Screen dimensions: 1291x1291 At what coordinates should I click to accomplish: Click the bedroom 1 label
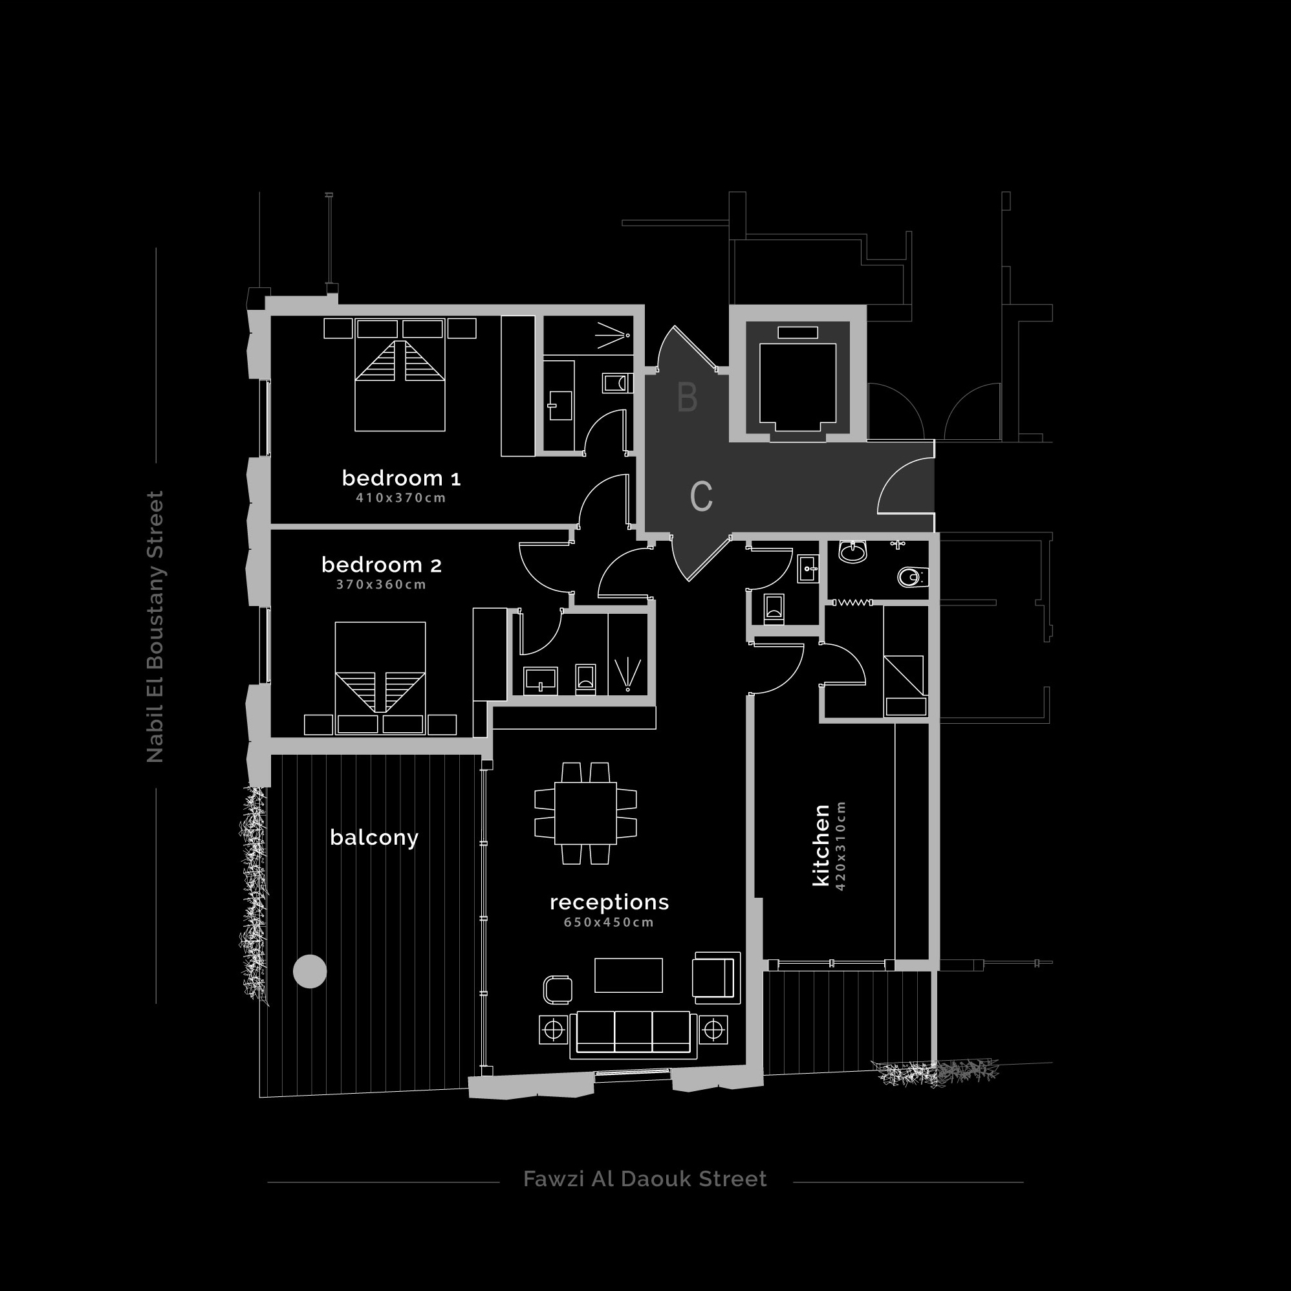tap(401, 478)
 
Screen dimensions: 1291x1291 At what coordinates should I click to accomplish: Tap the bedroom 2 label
tap(382, 565)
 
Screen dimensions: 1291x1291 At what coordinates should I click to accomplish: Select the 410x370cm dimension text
tap(401, 498)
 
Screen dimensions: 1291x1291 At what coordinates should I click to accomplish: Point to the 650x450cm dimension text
tap(609, 922)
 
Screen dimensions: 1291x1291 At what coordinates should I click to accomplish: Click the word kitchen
tap(821, 845)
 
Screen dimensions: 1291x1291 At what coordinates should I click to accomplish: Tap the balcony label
tap(374, 838)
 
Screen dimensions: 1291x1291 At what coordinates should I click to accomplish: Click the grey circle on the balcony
tap(310, 971)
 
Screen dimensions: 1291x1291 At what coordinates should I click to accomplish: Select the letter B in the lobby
tap(688, 397)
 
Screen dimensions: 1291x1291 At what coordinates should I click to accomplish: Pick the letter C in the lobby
tap(701, 497)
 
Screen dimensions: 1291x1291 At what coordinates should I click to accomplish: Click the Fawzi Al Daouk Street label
tap(645, 1178)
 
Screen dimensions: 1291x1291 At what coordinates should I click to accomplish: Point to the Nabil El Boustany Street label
tap(155, 627)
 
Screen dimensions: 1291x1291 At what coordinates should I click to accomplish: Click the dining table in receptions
tap(585, 813)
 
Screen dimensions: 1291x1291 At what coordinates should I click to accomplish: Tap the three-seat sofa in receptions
tap(633, 1034)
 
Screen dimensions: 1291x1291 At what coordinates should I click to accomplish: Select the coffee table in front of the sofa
tap(628, 975)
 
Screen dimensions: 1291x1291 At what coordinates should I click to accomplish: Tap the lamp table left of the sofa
tap(553, 1030)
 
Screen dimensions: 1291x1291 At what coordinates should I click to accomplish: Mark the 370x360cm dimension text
tap(382, 585)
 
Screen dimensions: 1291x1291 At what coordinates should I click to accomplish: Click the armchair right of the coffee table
tap(717, 977)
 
